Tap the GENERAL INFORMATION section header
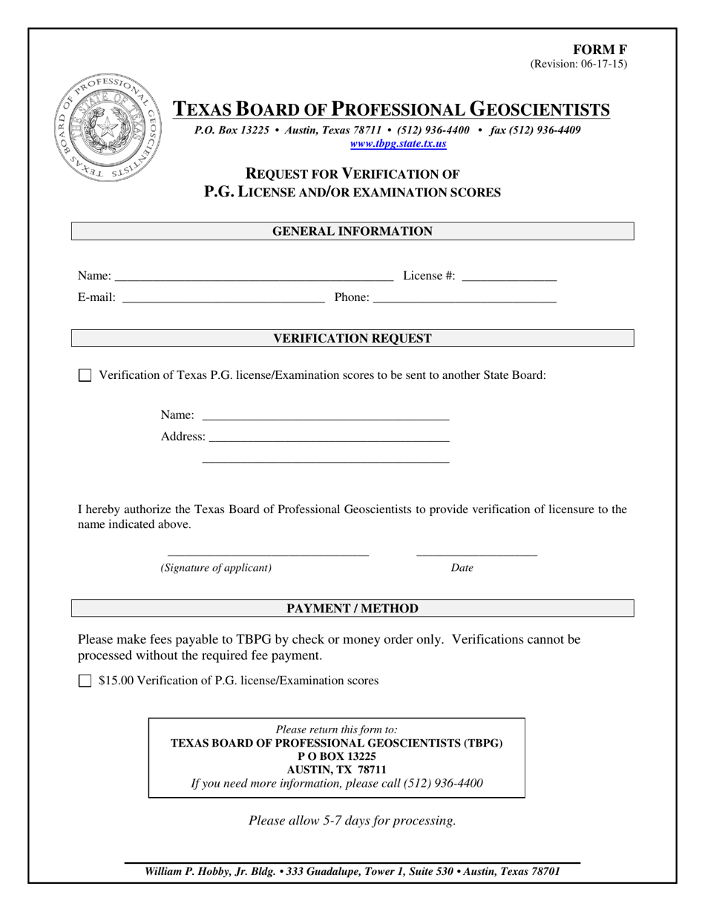[x=352, y=231]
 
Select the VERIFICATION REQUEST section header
[x=352, y=338]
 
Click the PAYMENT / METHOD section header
[x=352, y=609]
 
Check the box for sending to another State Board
[x=85, y=376]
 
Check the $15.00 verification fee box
[x=85, y=681]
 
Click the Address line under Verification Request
[x=329, y=437]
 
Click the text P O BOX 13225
[x=336, y=756]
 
